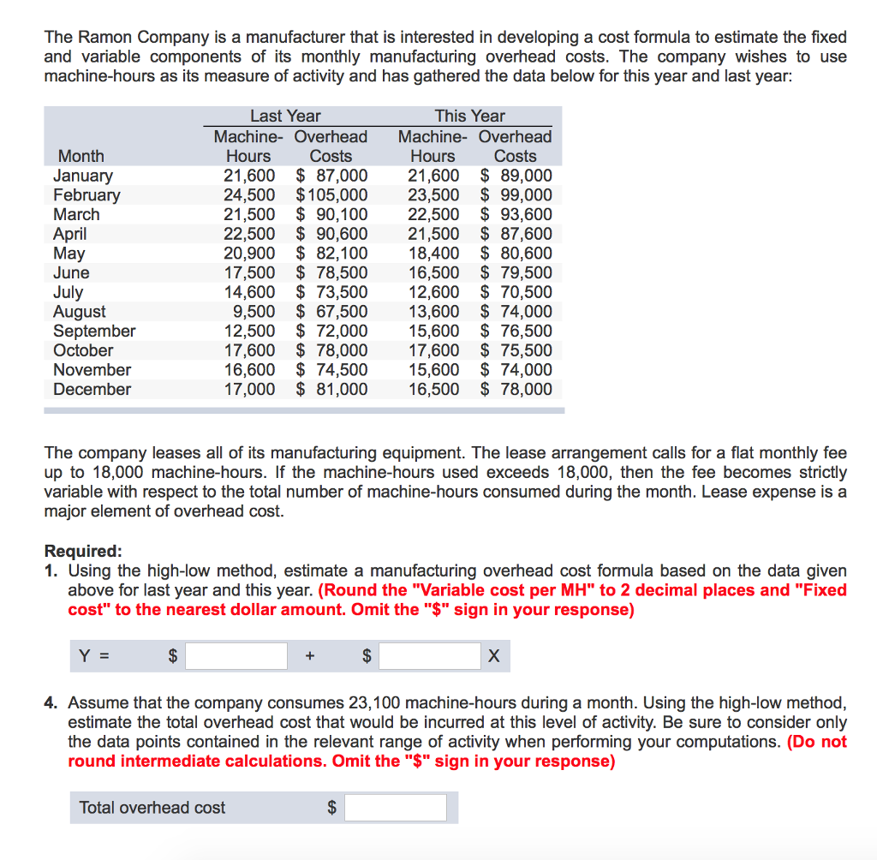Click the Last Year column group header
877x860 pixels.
pos(285,116)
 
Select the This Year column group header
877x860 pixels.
pos(470,116)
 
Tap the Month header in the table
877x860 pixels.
pos(81,156)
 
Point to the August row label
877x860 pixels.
pos(80,312)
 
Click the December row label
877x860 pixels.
pos(92,389)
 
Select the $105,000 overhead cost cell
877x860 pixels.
pos(332,194)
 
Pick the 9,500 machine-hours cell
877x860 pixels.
pos(254,312)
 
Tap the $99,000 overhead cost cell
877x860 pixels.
pos(516,194)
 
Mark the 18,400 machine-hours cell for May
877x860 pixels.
pos(433,254)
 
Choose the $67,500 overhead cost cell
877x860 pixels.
pos(332,312)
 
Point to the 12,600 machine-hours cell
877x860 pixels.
pos(433,292)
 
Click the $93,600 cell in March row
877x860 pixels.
pos(516,214)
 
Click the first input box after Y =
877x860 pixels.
pos(236,656)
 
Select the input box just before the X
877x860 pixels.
pos(430,656)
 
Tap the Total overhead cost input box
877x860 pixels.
pos(397,807)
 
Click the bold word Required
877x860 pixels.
pos(82,551)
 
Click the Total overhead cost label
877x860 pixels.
pos(152,807)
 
